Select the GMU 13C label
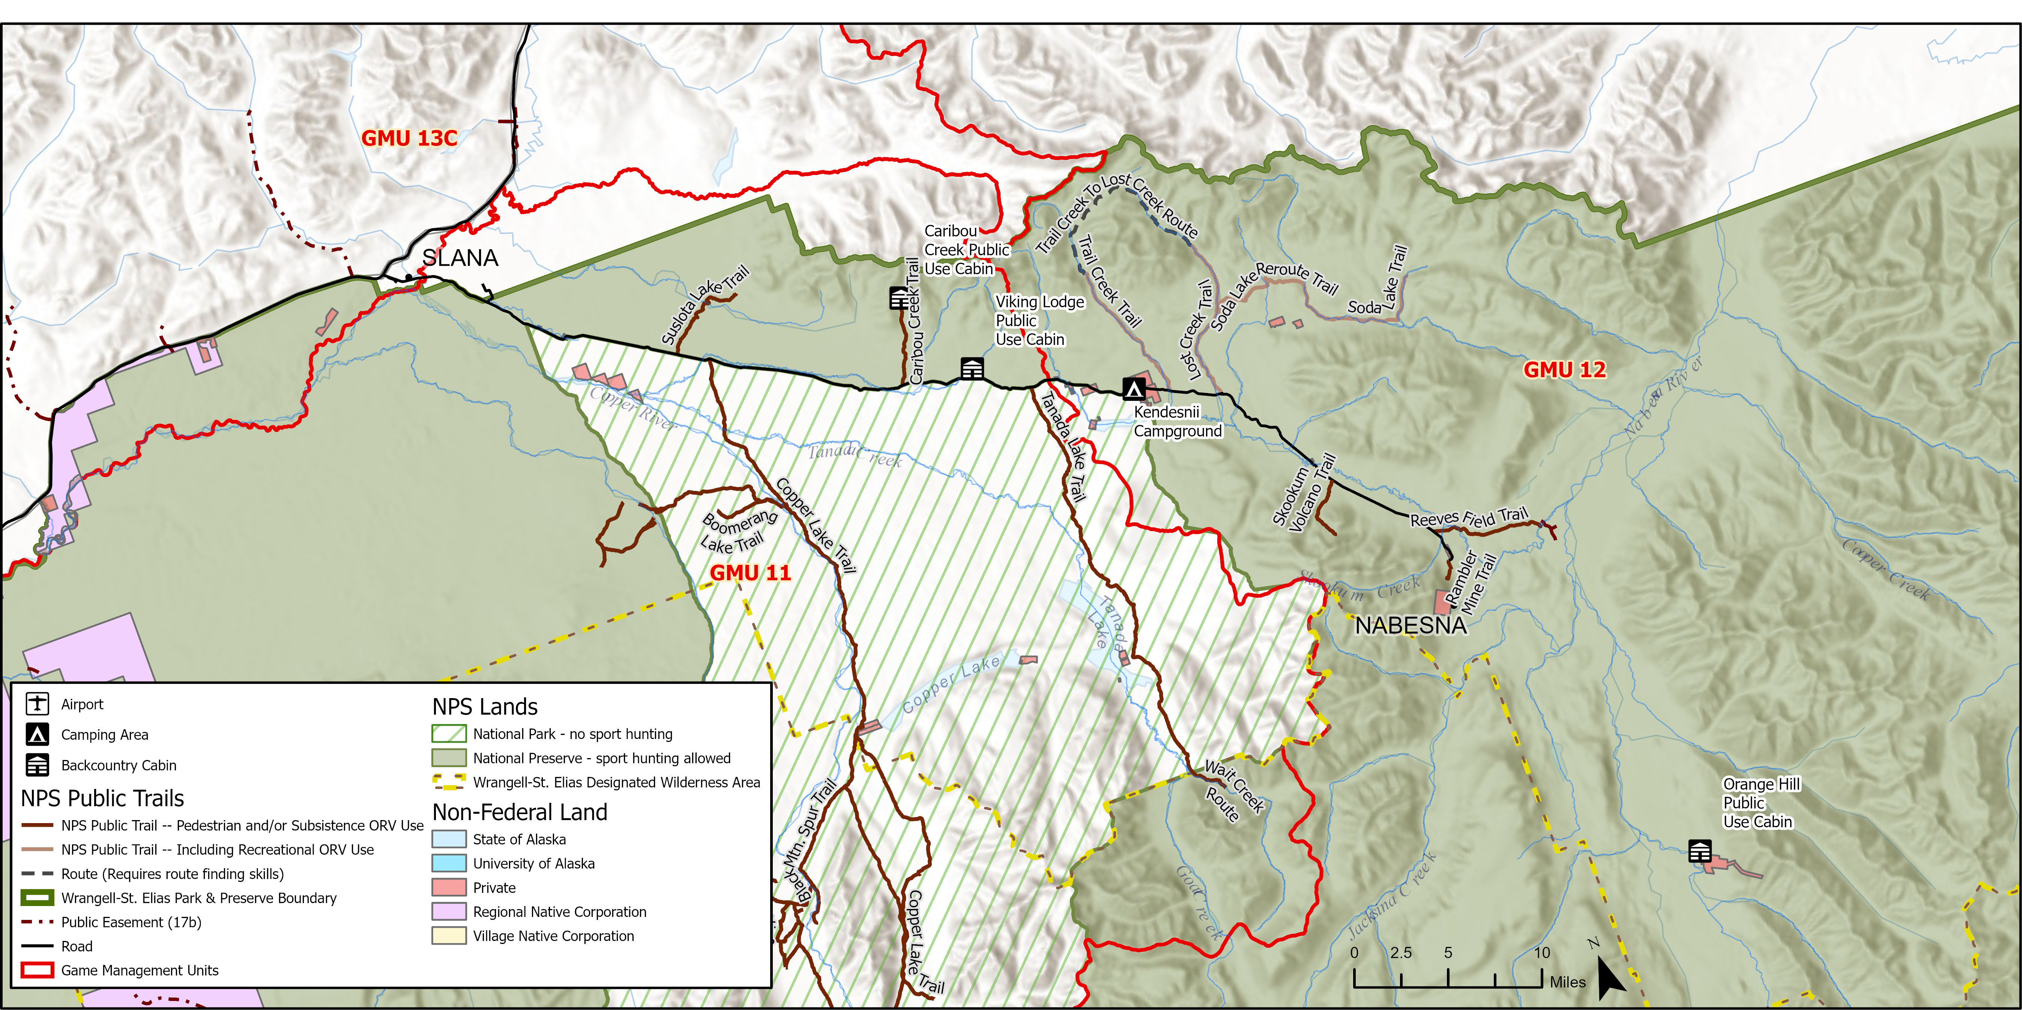click(409, 138)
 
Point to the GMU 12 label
click(1564, 370)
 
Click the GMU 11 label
click(750, 572)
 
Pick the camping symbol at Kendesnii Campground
click(1133, 388)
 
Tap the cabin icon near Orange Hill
click(1699, 850)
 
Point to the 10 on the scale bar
click(1541, 953)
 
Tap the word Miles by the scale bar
click(1568, 982)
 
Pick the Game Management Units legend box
click(37, 970)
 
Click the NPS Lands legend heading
click(485, 707)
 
